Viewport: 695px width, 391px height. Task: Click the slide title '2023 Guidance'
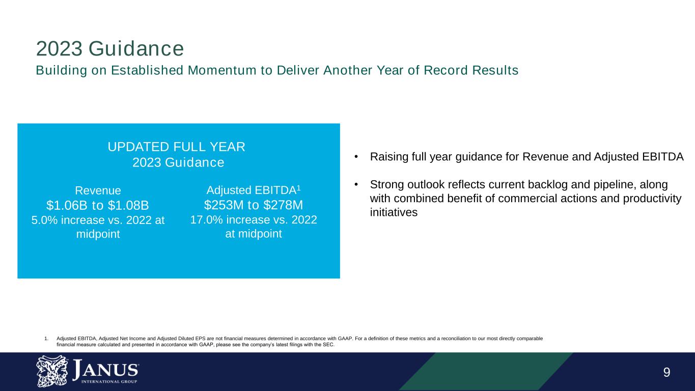pos(109,49)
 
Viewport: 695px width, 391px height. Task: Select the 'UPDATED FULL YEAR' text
pos(177,147)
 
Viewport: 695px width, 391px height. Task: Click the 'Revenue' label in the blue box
pos(98,190)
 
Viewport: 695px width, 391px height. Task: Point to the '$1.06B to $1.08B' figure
pos(98,205)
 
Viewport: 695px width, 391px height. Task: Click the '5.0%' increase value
pos(46,220)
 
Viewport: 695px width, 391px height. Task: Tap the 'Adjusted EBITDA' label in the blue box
pos(251,190)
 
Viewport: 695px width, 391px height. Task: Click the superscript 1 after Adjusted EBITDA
pos(299,188)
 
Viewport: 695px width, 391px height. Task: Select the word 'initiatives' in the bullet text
pos(394,212)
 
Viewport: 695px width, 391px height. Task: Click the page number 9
pos(666,372)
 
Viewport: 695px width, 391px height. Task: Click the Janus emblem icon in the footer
pos(50,371)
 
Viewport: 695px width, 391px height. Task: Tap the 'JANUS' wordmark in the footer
pos(105,369)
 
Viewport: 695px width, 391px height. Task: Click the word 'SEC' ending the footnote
pos(330,344)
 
